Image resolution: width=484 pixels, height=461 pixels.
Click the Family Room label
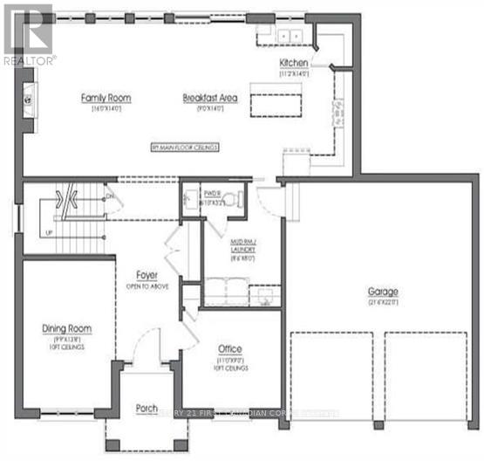pos(100,98)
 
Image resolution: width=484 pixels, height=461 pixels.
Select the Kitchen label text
pos(294,63)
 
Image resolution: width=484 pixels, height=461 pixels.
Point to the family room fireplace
pos(29,98)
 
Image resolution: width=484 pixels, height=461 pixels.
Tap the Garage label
pos(382,291)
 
